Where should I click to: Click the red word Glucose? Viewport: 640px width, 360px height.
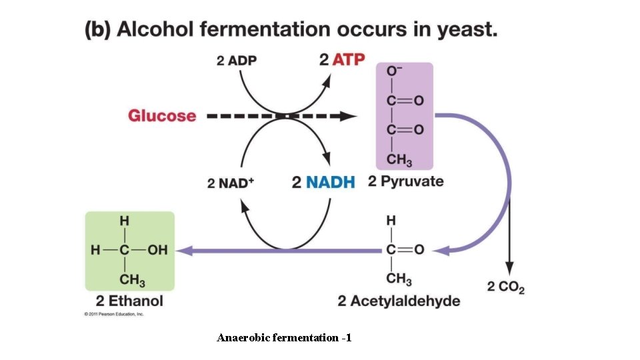[x=162, y=115]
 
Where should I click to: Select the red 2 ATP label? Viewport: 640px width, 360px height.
[x=342, y=60]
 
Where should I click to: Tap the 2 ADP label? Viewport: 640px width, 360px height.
[x=237, y=60]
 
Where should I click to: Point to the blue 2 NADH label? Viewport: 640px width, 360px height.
[x=323, y=181]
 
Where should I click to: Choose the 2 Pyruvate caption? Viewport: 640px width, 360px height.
[x=405, y=181]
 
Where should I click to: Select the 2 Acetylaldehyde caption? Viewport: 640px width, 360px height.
[x=399, y=301]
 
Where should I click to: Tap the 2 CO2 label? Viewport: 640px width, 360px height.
[x=505, y=287]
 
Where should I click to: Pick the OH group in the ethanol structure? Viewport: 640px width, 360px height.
[x=157, y=251]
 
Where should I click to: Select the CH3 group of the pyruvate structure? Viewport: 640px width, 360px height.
[x=399, y=161]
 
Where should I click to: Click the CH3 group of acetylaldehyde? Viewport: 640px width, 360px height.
[x=399, y=278]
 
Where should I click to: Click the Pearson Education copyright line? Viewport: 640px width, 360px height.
[x=114, y=313]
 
